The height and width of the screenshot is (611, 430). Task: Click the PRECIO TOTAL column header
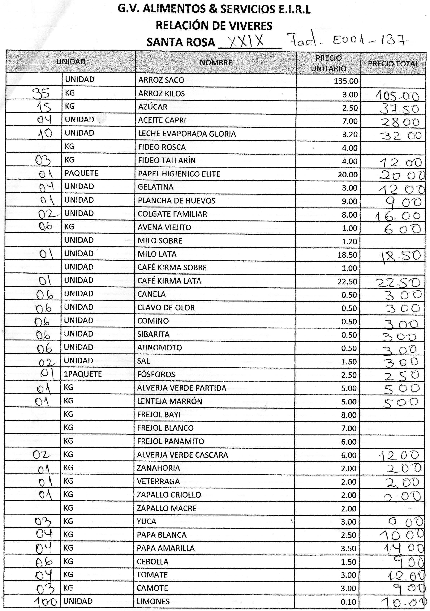point(393,64)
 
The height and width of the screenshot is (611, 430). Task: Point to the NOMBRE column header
point(216,63)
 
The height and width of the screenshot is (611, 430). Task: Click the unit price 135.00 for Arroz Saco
point(346,81)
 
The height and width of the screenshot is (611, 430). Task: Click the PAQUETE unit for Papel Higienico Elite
point(81,173)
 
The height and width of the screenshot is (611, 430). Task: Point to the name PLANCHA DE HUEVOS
point(176,201)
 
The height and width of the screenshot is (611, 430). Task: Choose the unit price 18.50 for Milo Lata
point(347,255)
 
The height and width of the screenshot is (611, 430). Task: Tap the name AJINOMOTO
point(160,348)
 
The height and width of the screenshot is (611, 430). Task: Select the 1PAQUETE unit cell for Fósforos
point(83,374)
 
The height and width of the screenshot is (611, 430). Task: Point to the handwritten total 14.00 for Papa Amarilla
point(403,548)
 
